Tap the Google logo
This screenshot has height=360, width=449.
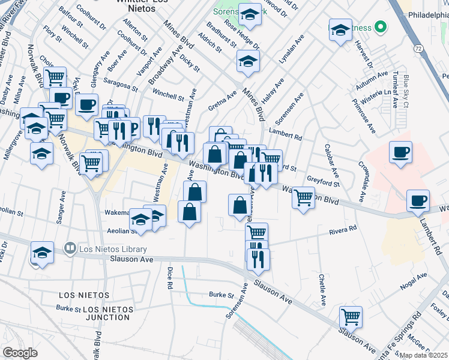pos(20,353)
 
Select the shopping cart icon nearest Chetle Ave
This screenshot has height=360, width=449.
pos(351,316)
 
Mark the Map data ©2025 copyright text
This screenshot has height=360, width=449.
pos(423,355)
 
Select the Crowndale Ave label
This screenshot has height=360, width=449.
pos(363,181)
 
